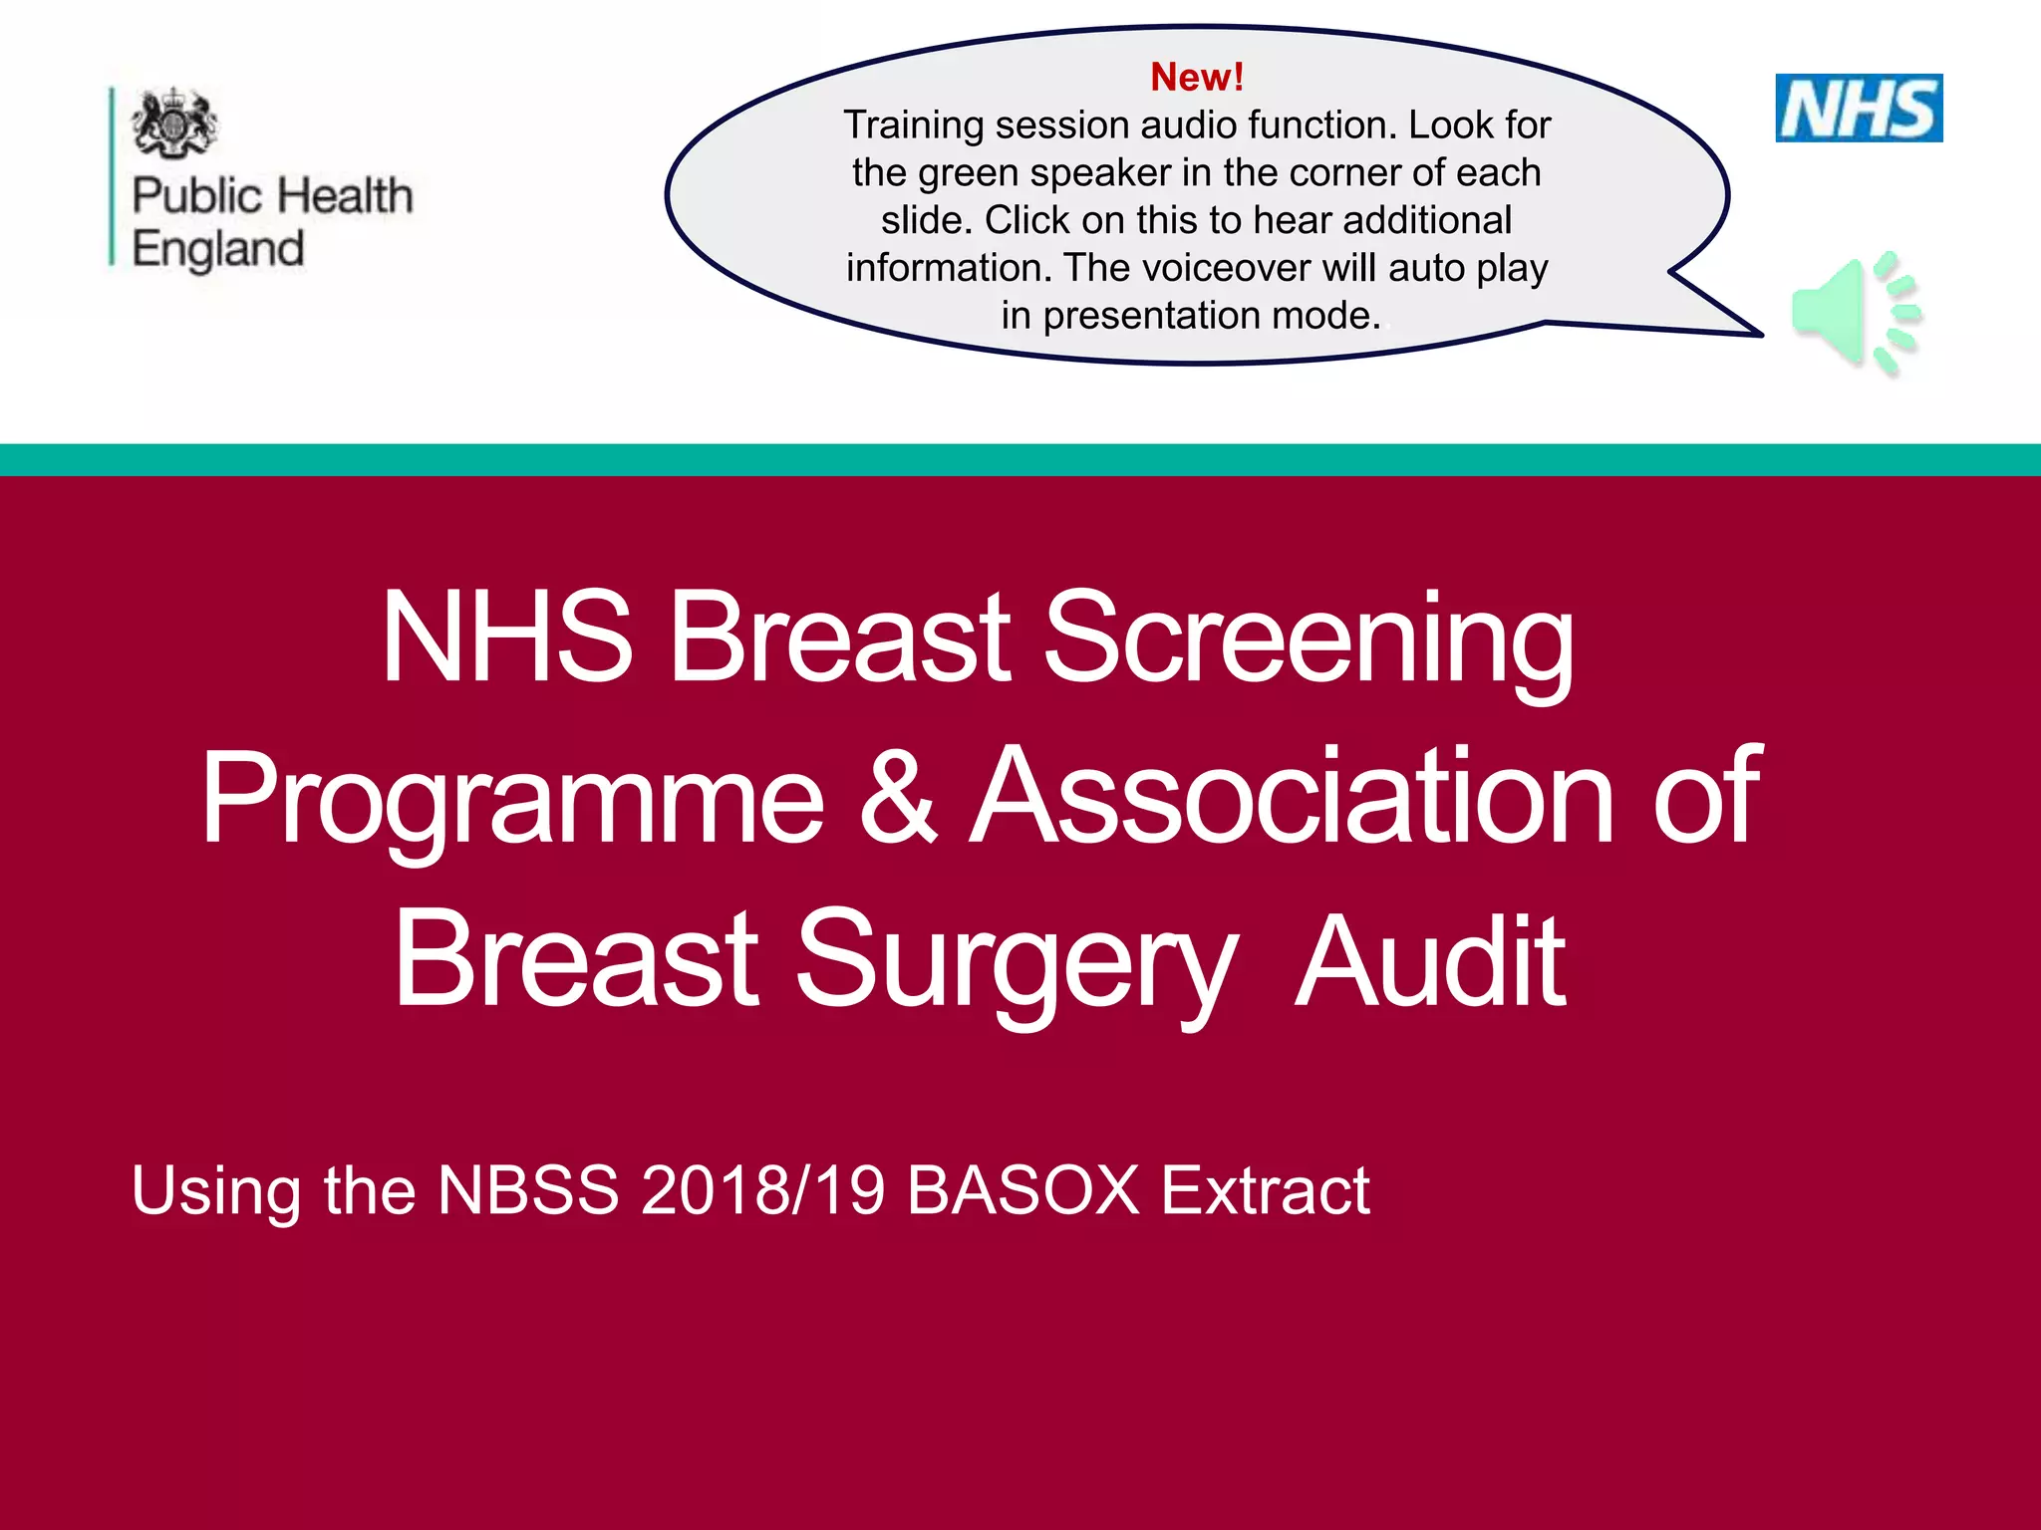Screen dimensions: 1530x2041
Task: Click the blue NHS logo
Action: click(1859, 108)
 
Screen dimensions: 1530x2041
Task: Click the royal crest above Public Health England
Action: click(174, 123)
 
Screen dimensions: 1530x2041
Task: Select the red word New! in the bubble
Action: click(1197, 77)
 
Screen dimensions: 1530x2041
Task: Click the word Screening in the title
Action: click(1309, 638)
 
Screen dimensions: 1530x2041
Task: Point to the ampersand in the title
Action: click(898, 798)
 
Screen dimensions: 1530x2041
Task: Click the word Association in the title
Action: click(1293, 798)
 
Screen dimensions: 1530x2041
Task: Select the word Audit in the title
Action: click(1430, 962)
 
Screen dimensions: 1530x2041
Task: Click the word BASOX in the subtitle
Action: click(1022, 1190)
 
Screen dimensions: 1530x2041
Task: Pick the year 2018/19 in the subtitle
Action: click(762, 1190)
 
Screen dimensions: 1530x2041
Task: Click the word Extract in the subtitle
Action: click(1266, 1190)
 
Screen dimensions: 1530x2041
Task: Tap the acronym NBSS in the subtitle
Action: click(528, 1190)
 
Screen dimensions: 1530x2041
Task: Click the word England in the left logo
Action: click(218, 249)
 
